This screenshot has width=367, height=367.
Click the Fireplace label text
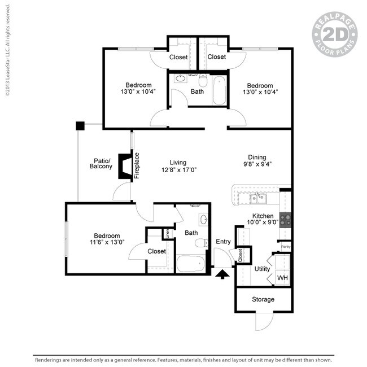(x=137, y=165)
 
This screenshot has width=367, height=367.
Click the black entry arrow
(x=222, y=274)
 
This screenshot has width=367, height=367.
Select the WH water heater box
(x=282, y=278)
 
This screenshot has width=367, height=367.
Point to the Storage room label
(x=263, y=299)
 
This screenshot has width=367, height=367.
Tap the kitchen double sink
(x=258, y=197)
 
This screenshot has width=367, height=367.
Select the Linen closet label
(x=167, y=233)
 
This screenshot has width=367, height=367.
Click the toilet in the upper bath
(x=203, y=82)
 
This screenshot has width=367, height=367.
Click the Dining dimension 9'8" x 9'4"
(x=257, y=165)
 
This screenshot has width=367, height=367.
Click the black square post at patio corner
(x=80, y=125)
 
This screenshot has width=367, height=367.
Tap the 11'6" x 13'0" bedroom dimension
(x=106, y=243)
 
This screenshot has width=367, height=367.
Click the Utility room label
(x=262, y=269)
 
